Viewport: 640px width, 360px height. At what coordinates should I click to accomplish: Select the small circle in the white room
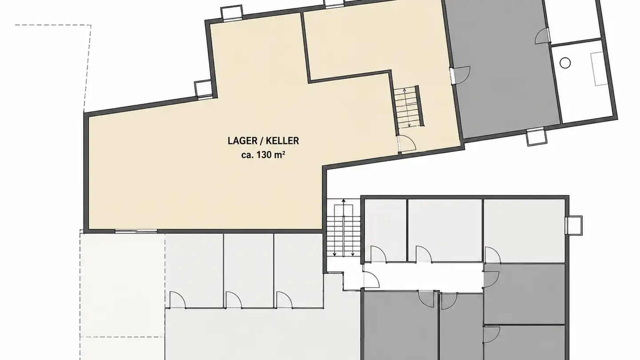(565, 63)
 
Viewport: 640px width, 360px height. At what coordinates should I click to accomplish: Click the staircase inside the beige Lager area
(408, 107)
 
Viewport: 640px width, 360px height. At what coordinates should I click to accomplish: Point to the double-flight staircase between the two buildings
(344, 228)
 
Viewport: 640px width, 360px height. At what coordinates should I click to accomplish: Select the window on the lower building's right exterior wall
(574, 225)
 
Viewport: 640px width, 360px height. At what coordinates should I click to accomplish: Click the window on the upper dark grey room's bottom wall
(536, 137)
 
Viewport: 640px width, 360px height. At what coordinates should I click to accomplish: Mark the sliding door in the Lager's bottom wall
(136, 231)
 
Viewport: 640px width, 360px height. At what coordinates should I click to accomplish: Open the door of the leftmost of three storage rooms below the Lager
(177, 300)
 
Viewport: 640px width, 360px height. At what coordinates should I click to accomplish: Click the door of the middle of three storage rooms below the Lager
(233, 300)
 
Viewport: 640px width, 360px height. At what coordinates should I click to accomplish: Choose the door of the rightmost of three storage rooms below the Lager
(284, 300)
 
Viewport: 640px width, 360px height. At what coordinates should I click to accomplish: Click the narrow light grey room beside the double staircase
(385, 230)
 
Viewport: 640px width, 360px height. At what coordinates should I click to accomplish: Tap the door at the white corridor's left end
(371, 280)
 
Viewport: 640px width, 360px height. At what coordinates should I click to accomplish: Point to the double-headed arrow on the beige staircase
(407, 108)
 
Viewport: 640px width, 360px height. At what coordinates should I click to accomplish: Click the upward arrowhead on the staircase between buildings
(344, 201)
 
